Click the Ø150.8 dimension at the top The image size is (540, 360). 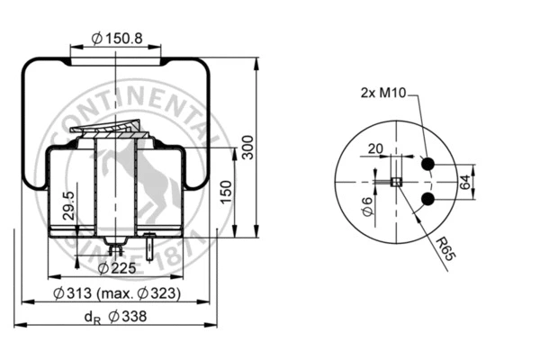117,39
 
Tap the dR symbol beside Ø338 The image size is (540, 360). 91,317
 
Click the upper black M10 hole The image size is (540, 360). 427,164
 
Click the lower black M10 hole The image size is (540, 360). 427,198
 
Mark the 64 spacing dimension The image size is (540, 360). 464,181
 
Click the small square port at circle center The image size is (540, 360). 394,181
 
